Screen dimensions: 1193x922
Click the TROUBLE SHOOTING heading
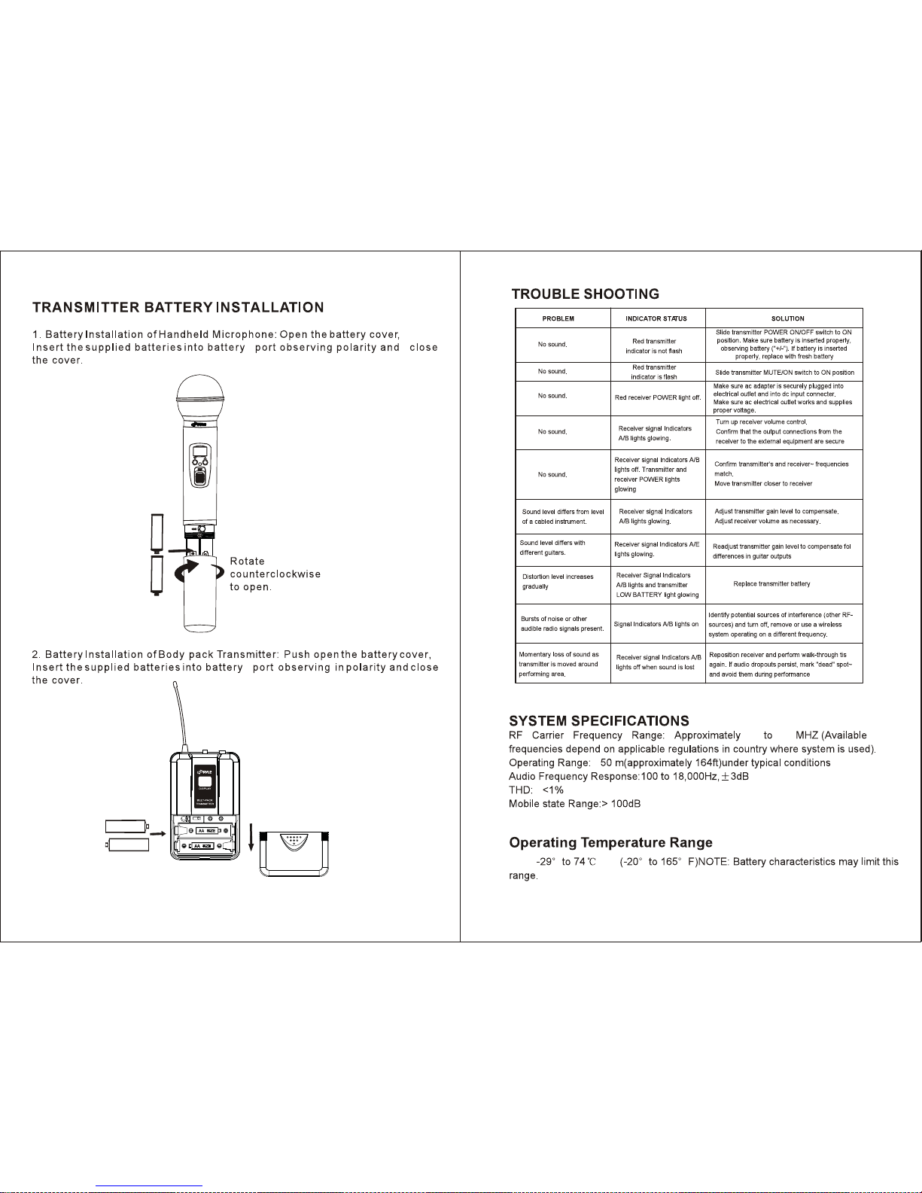[x=585, y=294]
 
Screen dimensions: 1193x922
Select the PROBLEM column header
[x=558, y=318]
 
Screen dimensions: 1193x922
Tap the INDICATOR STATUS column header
[x=656, y=318]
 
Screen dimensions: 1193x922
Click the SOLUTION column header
[x=787, y=318]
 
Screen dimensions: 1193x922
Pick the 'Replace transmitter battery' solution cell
[x=771, y=584]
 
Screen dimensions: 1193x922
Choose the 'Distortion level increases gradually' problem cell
[x=558, y=581]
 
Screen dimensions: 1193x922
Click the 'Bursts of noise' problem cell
[x=561, y=623]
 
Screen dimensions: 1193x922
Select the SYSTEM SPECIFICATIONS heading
[x=598, y=721]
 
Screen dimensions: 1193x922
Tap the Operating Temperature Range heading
[x=610, y=842]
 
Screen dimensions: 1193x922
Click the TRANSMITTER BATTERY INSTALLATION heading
[x=178, y=307]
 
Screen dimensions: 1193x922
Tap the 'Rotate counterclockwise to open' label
[x=275, y=574]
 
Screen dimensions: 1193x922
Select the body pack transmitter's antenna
[x=177, y=714]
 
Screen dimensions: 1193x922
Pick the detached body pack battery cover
[x=294, y=854]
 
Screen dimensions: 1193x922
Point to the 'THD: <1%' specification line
[x=536, y=790]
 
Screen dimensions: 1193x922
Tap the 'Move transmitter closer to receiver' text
[x=763, y=484]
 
